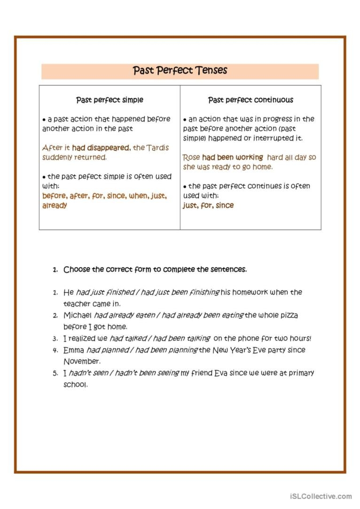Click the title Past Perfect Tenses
[x=180, y=70]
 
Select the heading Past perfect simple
[x=110, y=100]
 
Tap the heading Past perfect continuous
[x=250, y=100]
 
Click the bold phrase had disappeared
[x=101, y=148]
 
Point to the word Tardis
[x=158, y=148]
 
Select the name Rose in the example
[x=191, y=158]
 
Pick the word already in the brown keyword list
[x=55, y=206]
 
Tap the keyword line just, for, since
[x=208, y=206]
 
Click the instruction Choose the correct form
[x=155, y=270]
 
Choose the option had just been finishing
[x=180, y=293]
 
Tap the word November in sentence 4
[x=82, y=362]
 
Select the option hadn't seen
[x=86, y=373]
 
